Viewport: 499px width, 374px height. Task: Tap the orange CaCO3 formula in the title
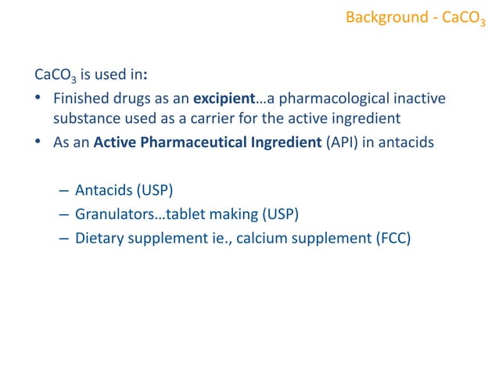463,17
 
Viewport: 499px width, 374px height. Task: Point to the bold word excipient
224,100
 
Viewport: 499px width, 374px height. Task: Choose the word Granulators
115,214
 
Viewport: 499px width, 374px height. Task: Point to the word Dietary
100,237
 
